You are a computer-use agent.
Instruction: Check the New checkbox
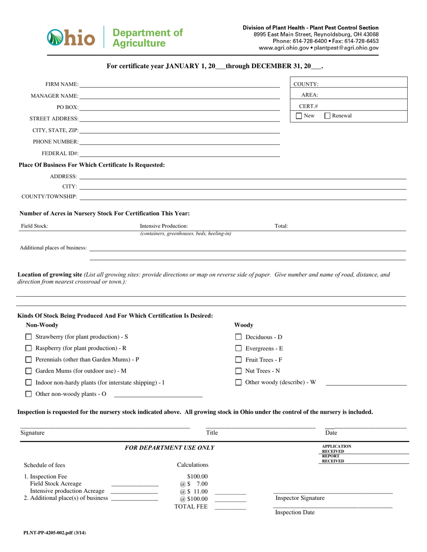tap(299, 116)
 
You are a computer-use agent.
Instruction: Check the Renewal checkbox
tap(328, 116)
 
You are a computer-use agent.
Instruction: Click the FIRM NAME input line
tap(180, 84)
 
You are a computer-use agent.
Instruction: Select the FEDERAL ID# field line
tap(180, 153)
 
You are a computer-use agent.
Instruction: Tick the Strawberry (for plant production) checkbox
tap(29, 337)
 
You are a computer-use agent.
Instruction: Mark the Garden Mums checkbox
tap(29, 371)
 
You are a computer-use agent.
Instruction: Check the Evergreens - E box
tap(239, 348)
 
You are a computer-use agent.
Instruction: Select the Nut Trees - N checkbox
tap(239, 371)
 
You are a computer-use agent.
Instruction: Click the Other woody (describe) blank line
tap(366, 382)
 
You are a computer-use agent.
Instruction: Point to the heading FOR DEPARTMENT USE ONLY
tap(169, 448)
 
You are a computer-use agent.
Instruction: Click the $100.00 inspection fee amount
tap(197, 477)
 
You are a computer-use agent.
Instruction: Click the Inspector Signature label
tap(300, 498)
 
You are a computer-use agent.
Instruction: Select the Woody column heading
tap(244, 325)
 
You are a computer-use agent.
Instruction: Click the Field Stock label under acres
tap(35, 226)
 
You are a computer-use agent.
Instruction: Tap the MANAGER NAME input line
tap(180, 96)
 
